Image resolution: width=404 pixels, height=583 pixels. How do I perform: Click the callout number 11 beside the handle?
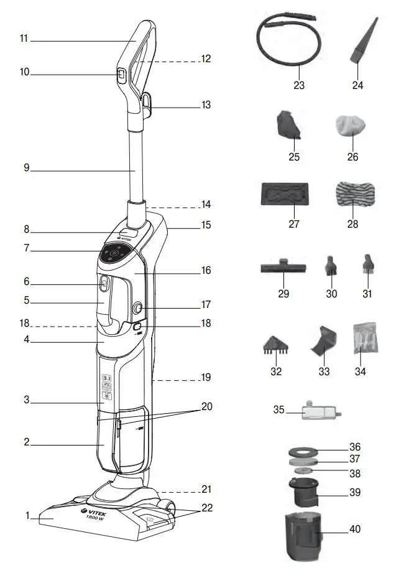24,39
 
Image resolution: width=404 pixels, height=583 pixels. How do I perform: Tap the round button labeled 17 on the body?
137,307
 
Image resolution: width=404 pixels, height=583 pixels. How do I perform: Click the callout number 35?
278,410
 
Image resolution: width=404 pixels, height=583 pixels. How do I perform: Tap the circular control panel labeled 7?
114,253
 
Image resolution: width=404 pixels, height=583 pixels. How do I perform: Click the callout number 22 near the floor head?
207,508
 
